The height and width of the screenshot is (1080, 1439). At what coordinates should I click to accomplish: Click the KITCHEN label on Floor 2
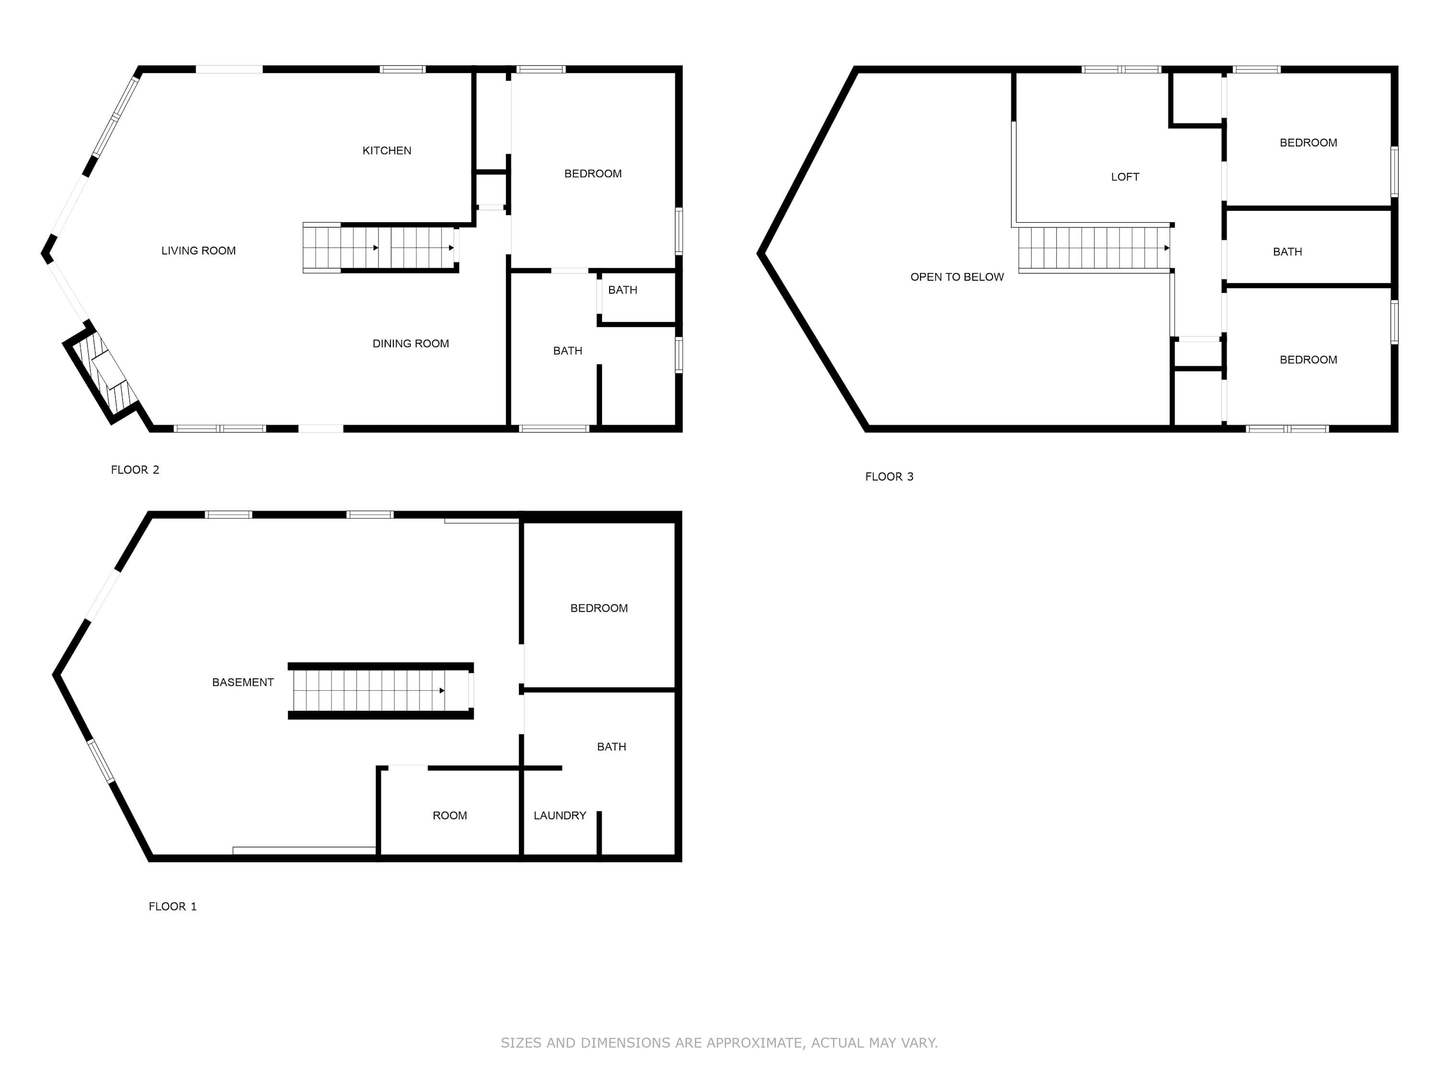pyautogui.click(x=387, y=150)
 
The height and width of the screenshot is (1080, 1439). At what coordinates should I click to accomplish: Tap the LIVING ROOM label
pyautogui.click(x=199, y=251)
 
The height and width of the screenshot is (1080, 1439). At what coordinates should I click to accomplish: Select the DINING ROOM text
pyautogui.click(x=411, y=344)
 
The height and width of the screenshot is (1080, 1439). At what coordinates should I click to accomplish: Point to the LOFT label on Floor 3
pyautogui.click(x=1125, y=177)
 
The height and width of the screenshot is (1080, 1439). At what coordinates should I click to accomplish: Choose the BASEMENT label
pyautogui.click(x=243, y=682)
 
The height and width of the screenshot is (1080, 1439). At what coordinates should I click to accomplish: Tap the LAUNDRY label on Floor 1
pyautogui.click(x=559, y=816)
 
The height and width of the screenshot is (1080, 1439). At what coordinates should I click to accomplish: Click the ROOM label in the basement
pyautogui.click(x=449, y=816)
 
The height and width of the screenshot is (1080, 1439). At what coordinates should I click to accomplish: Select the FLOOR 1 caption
pyautogui.click(x=172, y=907)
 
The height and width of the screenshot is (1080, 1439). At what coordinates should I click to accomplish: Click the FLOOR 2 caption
pyautogui.click(x=135, y=470)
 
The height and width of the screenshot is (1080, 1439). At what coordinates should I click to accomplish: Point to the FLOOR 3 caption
pyautogui.click(x=889, y=477)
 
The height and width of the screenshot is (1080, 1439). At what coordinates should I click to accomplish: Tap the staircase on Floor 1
pyautogui.click(x=380, y=691)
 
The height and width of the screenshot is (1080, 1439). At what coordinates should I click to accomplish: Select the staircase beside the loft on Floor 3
pyautogui.click(x=1094, y=248)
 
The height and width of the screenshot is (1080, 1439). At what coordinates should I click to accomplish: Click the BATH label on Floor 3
pyautogui.click(x=1287, y=252)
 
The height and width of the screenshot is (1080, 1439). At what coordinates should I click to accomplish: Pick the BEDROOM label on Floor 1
pyautogui.click(x=599, y=608)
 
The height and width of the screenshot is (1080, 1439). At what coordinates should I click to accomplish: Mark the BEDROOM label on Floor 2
pyautogui.click(x=593, y=174)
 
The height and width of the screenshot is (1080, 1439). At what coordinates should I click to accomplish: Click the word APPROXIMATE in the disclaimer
pyautogui.click(x=755, y=1043)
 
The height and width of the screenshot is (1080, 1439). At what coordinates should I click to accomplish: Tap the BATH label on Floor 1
pyautogui.click(x=612, y=747)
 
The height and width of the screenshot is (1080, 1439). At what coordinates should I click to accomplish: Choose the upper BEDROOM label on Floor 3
pyautogui.click(x=1308, y=143)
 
